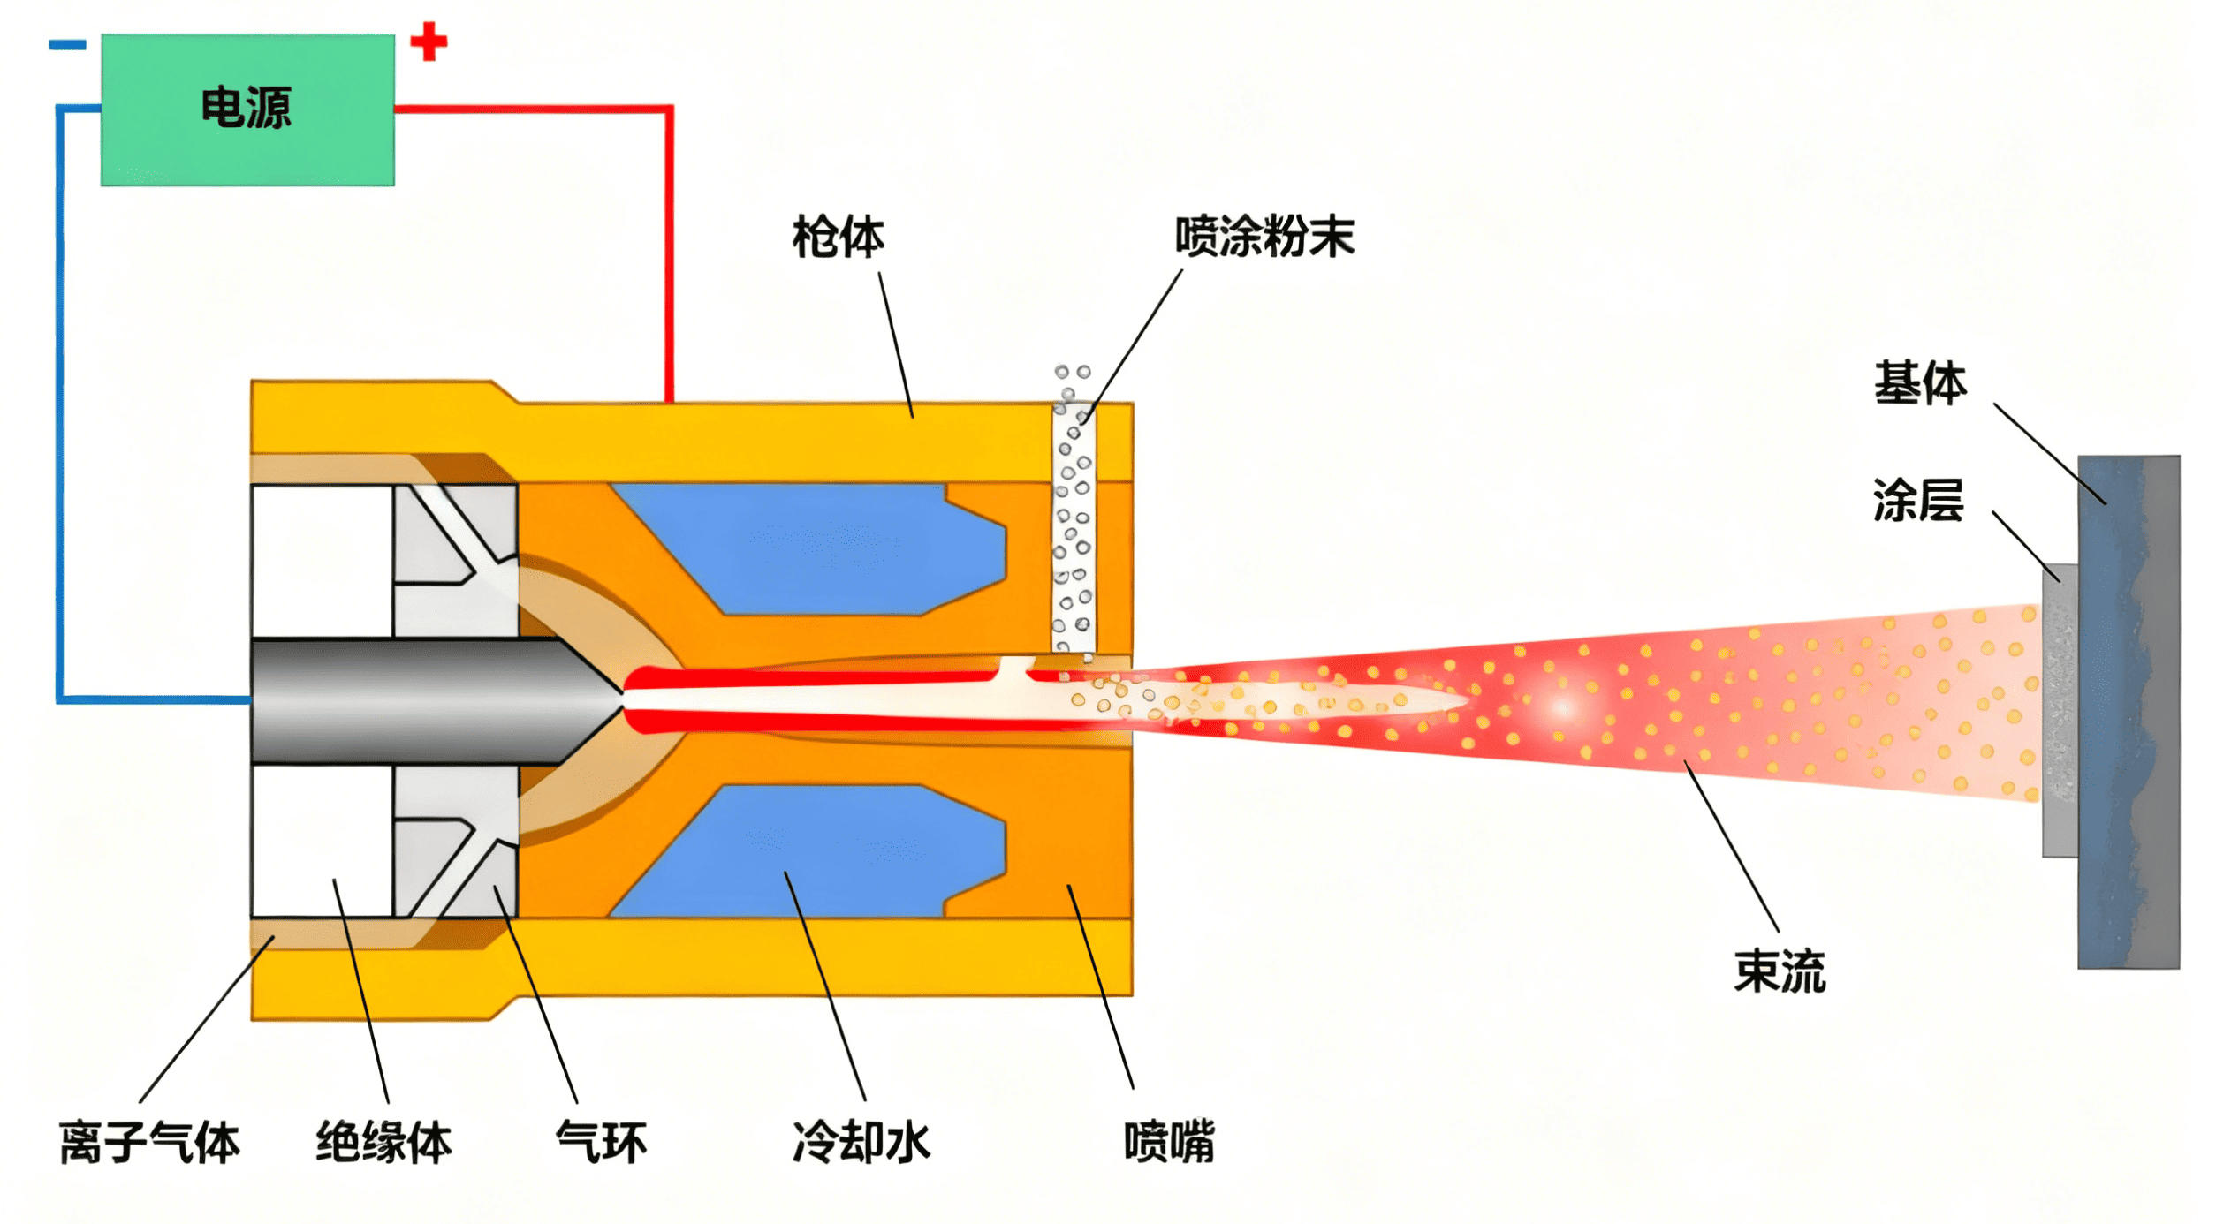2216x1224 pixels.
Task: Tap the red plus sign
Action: click(x=429, y=42)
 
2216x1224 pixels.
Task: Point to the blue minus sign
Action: click(x=67, y=44)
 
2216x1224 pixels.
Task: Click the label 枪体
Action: click(x=837, y=238)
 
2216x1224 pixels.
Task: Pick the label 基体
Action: click(x=1920, y=383)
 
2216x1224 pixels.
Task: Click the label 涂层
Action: click(x=1917, y=501)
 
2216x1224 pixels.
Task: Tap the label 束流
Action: click(x=1779, y=972)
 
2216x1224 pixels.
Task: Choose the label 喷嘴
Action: click(x=1168, y=1142)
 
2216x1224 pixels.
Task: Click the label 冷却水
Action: click(x=861, y=1142)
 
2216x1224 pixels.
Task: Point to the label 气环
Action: click(x=601, y=1142)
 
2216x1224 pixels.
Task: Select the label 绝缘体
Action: click(x=383, y=1142)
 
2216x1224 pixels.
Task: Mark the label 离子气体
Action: click(x=149, y=1143)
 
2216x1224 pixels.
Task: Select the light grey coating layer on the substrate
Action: click(x=2060, y=711)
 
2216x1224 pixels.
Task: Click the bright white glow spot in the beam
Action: click(x=1562, y=707)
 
